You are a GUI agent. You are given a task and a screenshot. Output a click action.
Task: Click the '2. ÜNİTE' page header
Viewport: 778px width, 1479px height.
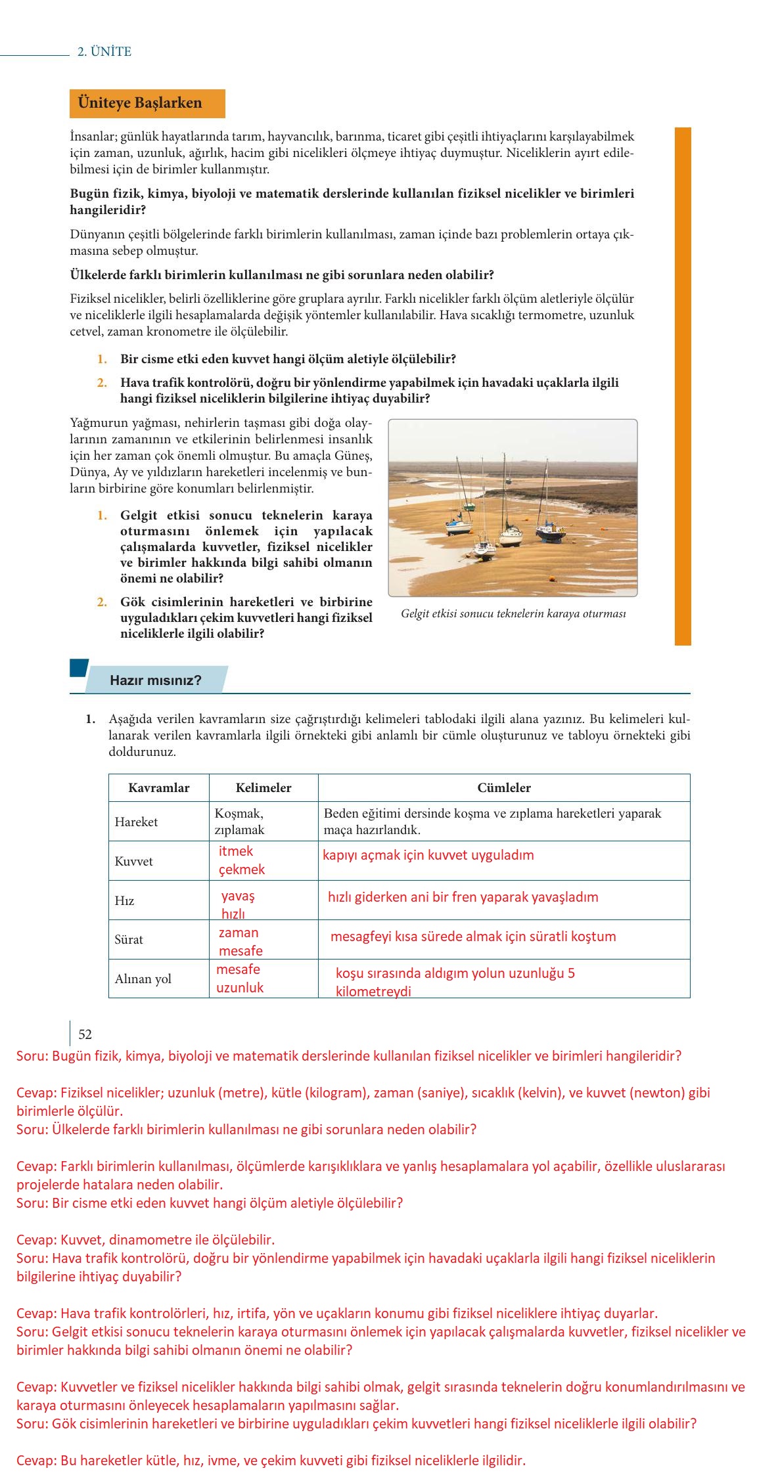(x=104, y=52)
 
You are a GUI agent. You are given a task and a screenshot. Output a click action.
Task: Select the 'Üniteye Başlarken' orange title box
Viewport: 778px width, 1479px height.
(x=147, y=103)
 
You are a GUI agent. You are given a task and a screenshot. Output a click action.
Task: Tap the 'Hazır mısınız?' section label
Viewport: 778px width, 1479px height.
(x=156, y=680)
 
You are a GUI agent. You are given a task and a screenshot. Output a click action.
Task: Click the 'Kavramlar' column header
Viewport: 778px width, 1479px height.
(x=158, y=787)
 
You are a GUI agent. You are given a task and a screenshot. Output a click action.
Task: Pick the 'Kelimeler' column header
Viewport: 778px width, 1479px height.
(x=263, y=787)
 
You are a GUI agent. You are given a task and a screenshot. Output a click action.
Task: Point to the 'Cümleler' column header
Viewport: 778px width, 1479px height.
(x=503, y=787)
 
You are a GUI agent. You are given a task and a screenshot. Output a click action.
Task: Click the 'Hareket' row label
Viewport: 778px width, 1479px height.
(x=136, y=822)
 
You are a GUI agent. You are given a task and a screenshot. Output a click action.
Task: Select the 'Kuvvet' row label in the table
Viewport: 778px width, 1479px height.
(x=133, y=861)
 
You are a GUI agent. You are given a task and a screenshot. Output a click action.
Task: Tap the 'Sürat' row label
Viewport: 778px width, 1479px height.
(x=129, y=939)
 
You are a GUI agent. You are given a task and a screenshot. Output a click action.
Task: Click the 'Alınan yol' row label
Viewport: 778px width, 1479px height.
(x=143, y=979)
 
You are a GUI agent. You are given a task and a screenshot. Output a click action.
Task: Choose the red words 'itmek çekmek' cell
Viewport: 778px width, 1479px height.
(x=242, y=860)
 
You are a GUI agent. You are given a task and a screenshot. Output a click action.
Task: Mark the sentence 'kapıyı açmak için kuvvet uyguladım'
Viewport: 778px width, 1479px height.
(x=428, y=855)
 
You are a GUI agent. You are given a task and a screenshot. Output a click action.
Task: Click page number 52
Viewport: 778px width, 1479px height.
(x=85, y=1034)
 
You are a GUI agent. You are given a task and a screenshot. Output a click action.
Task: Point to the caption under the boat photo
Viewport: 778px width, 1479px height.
(x=513, y=613)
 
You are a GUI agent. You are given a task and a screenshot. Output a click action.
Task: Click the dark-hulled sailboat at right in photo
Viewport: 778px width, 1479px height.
(x=551, y=531)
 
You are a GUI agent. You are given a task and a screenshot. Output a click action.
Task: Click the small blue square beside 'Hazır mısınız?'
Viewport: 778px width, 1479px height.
(x=79, y=667)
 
